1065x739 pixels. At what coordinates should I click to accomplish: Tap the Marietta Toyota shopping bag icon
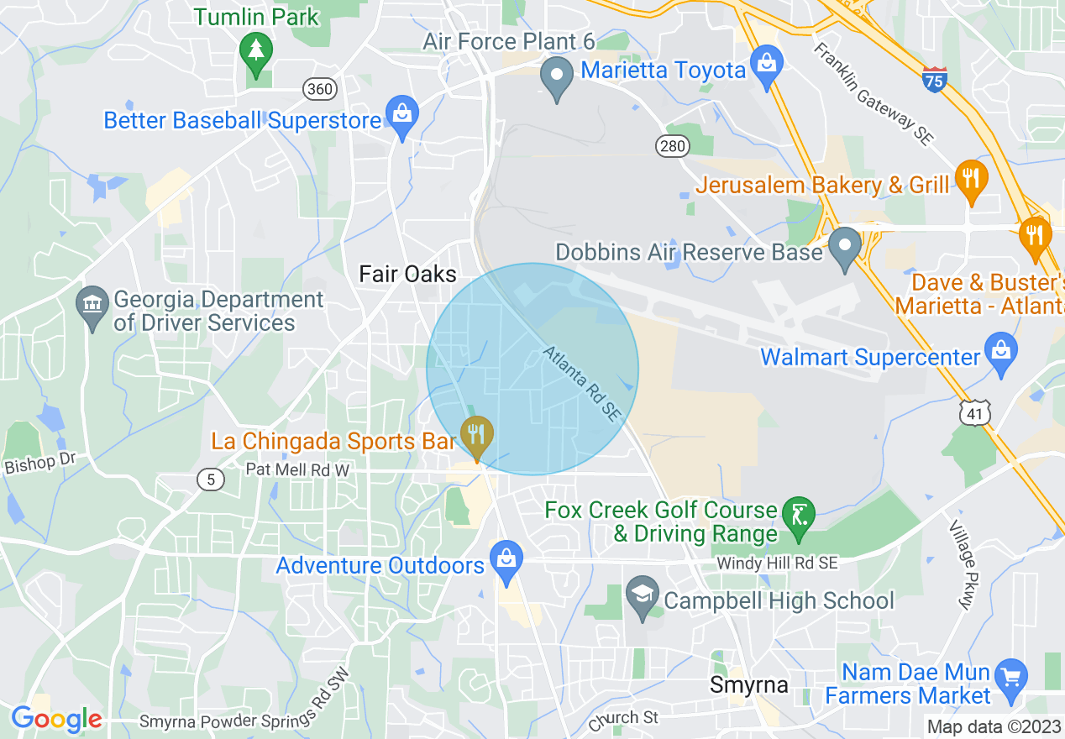[x=766, y=66]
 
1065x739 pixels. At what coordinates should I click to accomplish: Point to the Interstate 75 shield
[x=933, y=79]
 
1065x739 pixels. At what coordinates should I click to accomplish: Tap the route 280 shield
[x=672, y=146]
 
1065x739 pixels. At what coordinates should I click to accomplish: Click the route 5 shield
[x=211, y=480]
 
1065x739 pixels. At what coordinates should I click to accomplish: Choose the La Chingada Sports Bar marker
[x=477, y=436]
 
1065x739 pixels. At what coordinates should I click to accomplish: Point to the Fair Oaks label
[x=407, y=274]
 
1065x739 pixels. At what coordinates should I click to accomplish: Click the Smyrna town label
[x=749, y=685]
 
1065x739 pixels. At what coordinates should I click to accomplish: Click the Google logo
[x=56, y=719]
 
